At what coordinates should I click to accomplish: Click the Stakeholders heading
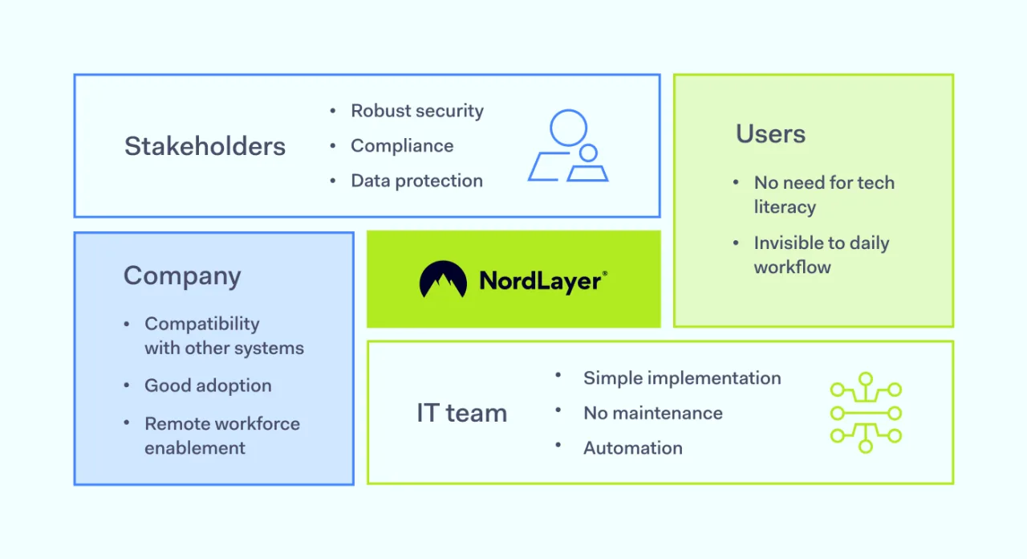click(205, 146)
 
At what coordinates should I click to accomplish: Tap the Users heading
click(770, 133)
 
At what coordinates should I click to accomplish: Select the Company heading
click(182, 276)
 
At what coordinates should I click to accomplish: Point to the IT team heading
click(461, 413)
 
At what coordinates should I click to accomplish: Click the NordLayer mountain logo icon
click(443, 279)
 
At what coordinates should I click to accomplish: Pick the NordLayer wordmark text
click(542, 280)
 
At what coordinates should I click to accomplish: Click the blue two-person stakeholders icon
click(568, 146)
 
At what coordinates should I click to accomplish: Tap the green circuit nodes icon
click(866, 413)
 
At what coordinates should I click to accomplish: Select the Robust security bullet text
click(417, 111)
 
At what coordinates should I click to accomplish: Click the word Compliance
click(402, 146)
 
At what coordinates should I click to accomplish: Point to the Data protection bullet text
click(416, 181)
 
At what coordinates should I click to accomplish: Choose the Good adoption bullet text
click(208, 386)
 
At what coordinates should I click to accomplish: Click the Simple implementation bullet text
click(682, 378)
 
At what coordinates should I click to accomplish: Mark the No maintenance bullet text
click(652, 414)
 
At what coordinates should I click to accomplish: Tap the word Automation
click(632, 448)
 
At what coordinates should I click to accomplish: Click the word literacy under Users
click(785, 207)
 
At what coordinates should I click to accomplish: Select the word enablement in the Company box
click(195, 448)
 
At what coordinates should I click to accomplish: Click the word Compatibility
click(202, 324)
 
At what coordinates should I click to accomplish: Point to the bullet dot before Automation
click(558, 445)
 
